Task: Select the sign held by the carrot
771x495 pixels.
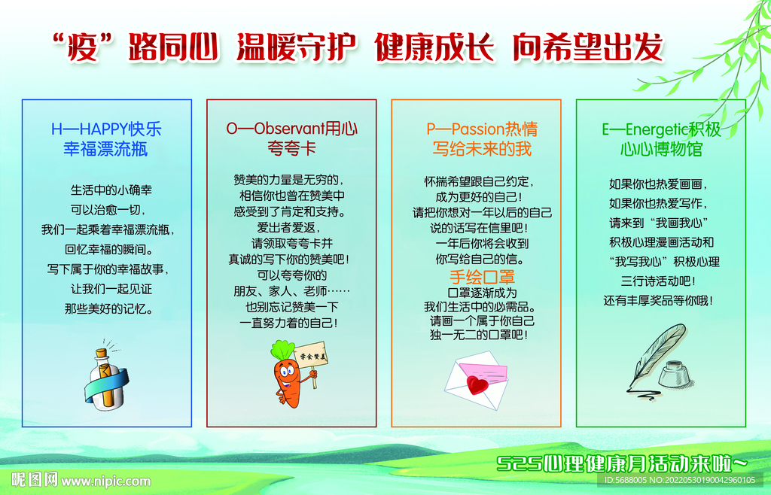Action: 311,354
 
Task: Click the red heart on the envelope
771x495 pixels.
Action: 477,384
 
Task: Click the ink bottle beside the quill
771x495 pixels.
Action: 676,374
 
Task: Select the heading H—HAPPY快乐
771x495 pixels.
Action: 106,129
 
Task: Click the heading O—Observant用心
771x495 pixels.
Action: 291,129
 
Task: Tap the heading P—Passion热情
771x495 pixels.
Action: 482,129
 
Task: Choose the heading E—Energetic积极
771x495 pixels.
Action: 661,129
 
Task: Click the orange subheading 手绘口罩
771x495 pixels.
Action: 482,277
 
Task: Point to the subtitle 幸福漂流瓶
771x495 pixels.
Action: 105,149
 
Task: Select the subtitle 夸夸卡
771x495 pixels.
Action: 291,148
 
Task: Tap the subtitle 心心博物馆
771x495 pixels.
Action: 661,149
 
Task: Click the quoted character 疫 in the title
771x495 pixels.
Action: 83,48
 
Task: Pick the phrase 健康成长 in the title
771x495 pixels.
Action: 434,47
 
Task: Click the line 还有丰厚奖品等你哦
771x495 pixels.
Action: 658,301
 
